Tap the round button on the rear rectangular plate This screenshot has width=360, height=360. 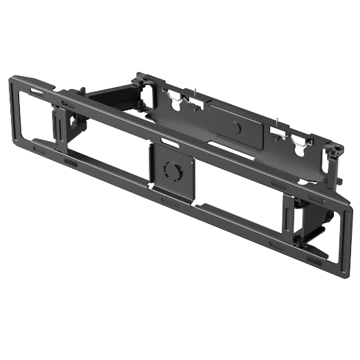[237, 128]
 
